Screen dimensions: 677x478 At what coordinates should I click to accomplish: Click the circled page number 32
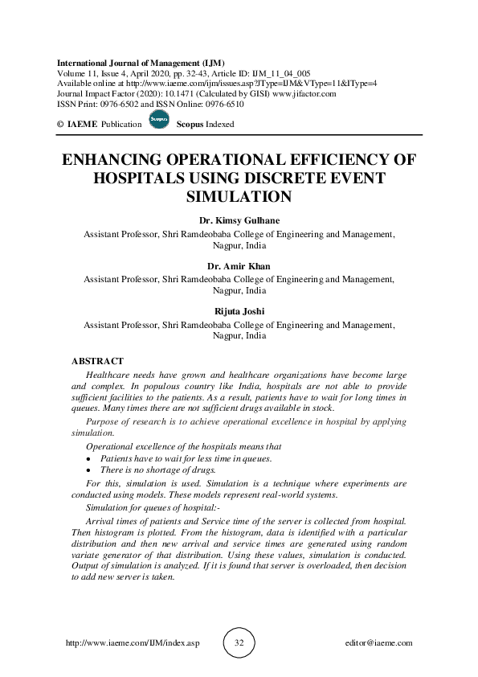click(x=239, y=643)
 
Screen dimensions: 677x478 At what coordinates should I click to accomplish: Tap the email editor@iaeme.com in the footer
click(x=378, y=643)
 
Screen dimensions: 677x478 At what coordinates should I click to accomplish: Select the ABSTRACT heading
click(x=98, y=362)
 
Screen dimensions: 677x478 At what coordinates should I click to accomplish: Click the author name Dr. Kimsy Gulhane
click(x=239, y=221)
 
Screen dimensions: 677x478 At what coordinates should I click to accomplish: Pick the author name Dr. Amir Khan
click(x=239, y=266)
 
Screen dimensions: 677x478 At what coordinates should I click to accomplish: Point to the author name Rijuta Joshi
click(x=239, y=312)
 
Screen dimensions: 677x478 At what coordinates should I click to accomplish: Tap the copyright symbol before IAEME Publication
click(x=60, y=125)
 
